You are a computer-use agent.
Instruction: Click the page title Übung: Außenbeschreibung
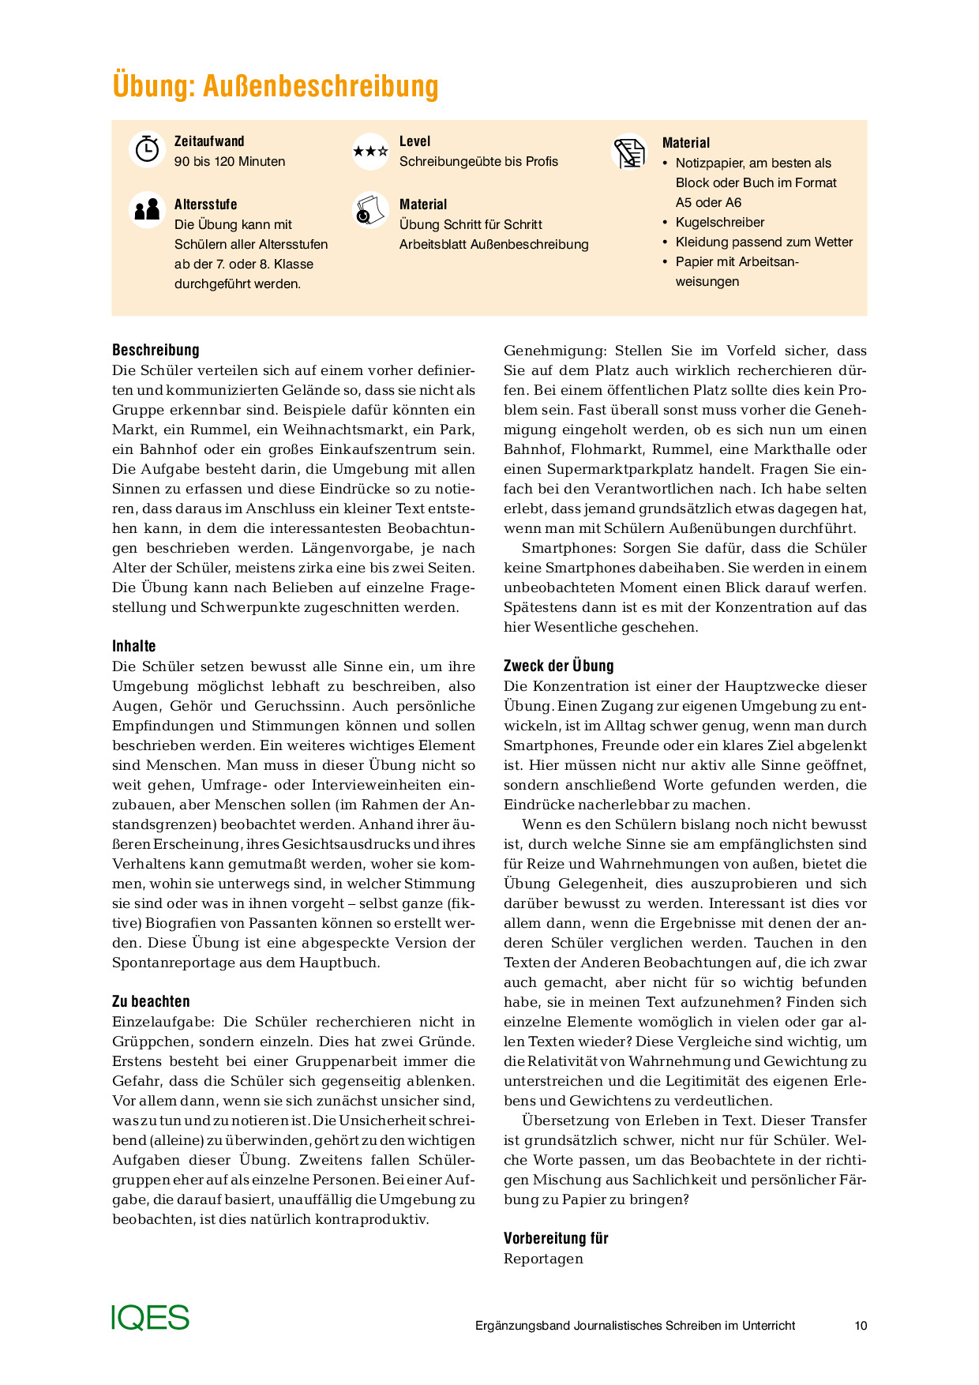(275, 85)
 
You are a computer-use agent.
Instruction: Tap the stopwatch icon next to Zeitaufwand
(147, 149)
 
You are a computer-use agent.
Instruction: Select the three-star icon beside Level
(370, 151)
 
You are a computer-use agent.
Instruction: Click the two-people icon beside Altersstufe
(147, 210)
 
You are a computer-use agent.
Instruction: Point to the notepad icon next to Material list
(629, 152)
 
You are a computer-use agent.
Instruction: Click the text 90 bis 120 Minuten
(230, 161)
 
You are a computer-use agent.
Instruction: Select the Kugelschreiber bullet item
(719, 222)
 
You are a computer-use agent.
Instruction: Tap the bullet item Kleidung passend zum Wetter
(763, 242)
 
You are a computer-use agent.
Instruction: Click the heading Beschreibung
(156, 350)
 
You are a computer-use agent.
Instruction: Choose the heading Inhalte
(134, 646)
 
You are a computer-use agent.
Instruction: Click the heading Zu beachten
(151, 1001)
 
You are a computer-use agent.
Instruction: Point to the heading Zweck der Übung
(558, 666)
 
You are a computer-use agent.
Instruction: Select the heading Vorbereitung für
(556, 1238)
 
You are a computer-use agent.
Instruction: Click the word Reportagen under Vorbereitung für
(543, 1259)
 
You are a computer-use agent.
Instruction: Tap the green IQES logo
(150, 1317)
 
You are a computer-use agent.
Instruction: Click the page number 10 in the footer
(861, 1326)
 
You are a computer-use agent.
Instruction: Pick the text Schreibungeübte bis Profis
(478, 161)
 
